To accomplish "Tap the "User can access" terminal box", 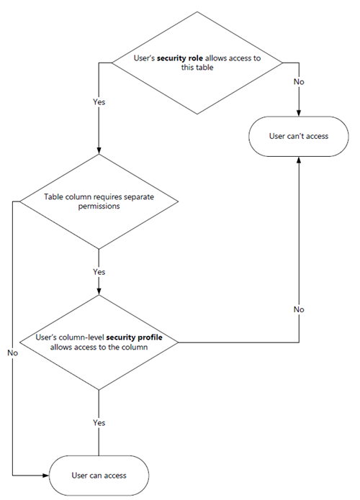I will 99,476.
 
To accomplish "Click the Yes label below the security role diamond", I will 99,102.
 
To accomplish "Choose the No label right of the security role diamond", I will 299,82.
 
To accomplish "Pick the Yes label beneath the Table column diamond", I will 99,272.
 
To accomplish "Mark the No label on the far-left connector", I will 13,353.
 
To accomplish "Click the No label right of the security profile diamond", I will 299,309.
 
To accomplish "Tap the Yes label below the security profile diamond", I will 99,422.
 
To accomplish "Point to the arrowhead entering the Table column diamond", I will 98,149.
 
